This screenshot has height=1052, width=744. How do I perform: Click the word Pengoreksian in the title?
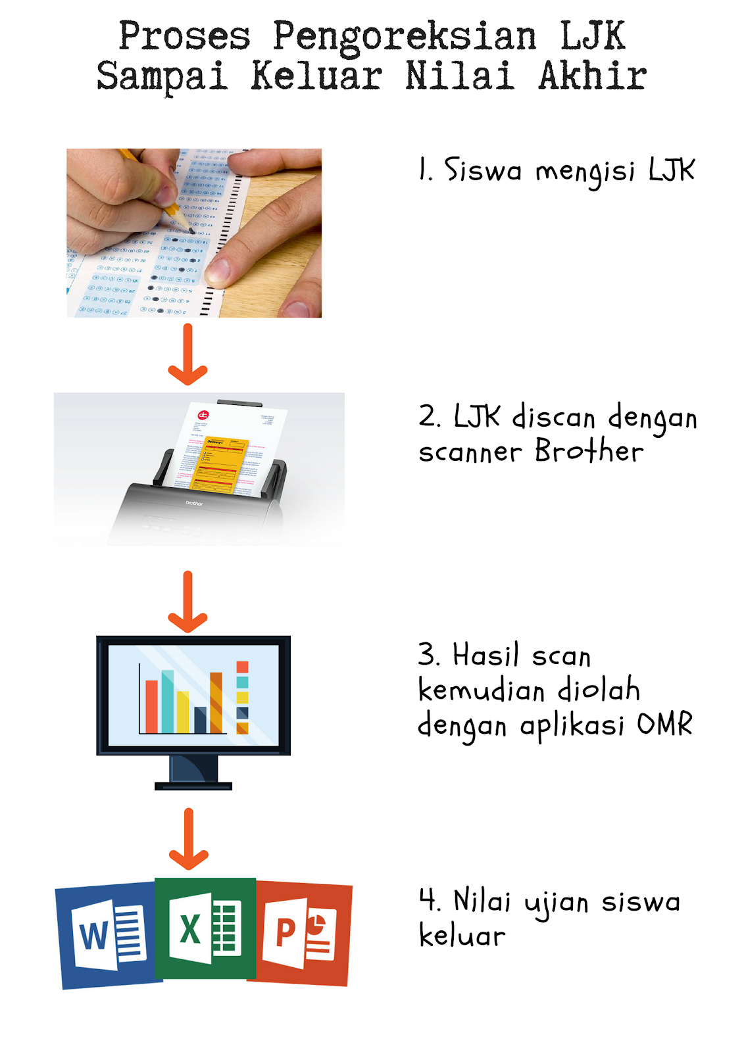[404, 37]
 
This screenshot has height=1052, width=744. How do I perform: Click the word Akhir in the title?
[592, 76]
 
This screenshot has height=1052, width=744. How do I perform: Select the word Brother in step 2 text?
[589, 452]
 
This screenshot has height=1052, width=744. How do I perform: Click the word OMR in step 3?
[664, 725]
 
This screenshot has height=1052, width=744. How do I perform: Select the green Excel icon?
[205, 928]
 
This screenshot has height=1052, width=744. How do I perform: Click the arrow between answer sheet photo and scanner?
[188, 355]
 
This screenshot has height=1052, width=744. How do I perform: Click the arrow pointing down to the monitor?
[188, 602]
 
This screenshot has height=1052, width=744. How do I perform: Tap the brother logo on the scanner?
[194, 503]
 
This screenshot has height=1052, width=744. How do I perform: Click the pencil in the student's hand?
[164, 197]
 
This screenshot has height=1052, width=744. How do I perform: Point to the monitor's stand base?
[193, 785]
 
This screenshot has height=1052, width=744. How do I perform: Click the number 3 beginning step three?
[427, 655]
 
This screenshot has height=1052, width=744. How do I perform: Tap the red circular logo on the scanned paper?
[203, 415]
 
